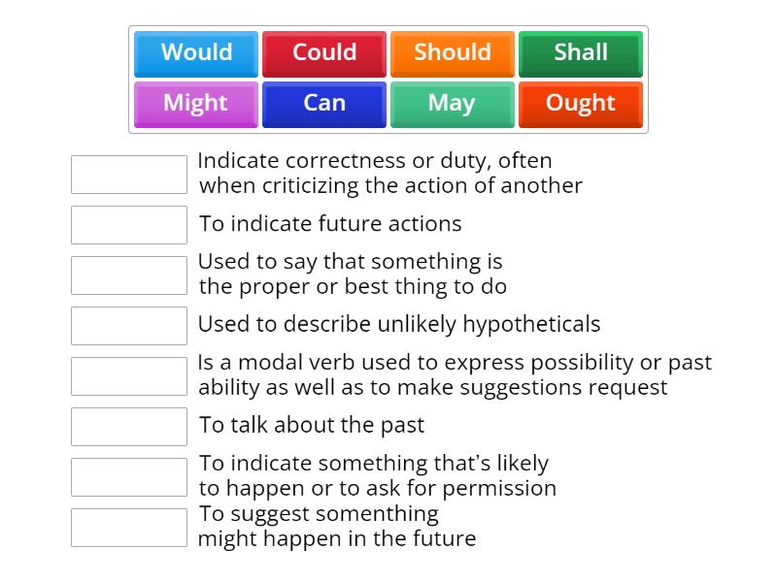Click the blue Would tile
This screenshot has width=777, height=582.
point(196,53)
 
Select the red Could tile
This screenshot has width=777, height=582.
point(324,53)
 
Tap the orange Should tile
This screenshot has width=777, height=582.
point(453,53)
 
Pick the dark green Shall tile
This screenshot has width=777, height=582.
point(581,53)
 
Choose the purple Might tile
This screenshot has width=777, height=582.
point(196,104)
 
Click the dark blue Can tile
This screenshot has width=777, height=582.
point(324,104)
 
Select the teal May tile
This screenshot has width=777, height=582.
point(453,104)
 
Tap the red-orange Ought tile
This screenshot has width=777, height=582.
point(581,104)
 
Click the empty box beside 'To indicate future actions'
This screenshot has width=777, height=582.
point(129,225)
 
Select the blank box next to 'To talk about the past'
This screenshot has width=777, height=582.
point(129,427)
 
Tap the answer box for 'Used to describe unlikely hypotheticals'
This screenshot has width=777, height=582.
point(129,326)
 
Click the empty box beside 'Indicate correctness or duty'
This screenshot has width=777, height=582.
point(129,175)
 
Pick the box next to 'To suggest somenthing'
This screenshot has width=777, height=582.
point(129,528)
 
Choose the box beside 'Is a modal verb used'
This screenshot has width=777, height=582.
point(129,376)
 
